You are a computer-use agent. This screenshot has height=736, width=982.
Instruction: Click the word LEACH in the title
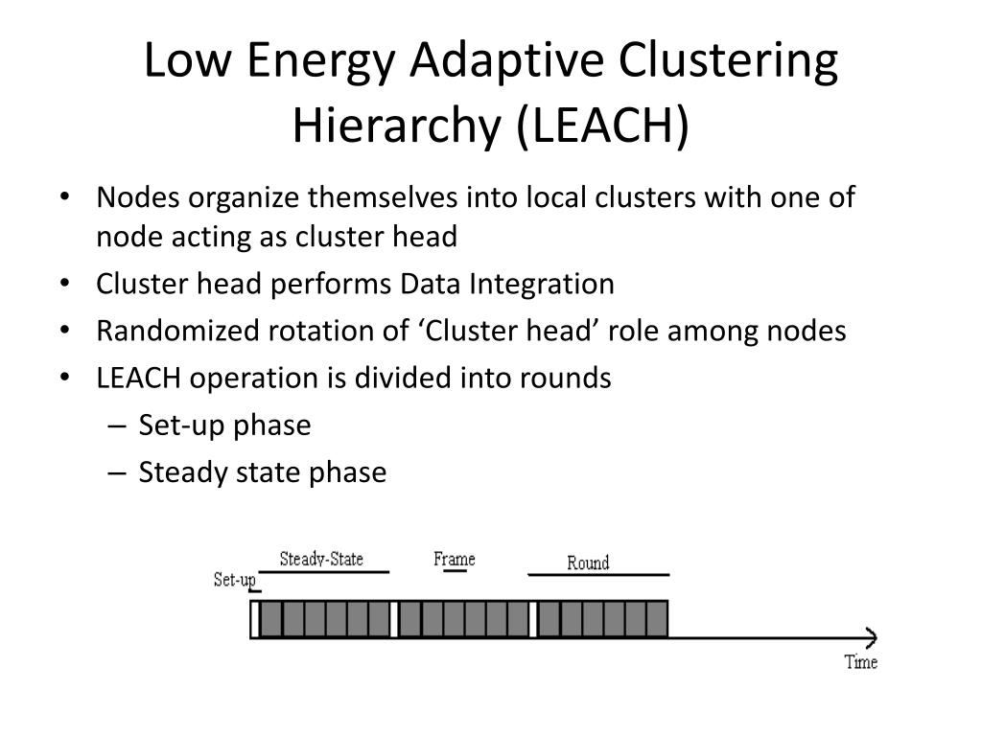pyautogui.click(x=598, y=125)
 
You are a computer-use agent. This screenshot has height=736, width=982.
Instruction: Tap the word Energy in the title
pyautogui.click(x=322, y=61)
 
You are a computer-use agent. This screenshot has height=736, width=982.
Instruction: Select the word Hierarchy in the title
pyautogui.click(x=394, y=125)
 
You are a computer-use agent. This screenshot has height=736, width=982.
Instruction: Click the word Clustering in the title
pyautogui.click(x=728, y=61)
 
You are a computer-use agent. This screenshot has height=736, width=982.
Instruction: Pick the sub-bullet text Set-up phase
pyautogui.click(x=224, y=425)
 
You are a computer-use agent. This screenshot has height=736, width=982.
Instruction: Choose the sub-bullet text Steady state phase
pyautogui.click(x=262, y=471)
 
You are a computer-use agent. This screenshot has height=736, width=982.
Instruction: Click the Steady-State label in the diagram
pyautogui.click(x=321, y=559)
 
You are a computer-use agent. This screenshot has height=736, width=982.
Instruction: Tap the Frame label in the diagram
pyautogui.click(x=454, y=559)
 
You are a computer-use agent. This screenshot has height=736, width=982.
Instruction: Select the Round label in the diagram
pyautogui.click(x=588, y=563)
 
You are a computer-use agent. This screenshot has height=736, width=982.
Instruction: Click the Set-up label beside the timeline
pyautogui.click(x=234, y=580)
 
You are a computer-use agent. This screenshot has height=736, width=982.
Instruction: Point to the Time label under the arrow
pyautogui.click(x=860, y=661)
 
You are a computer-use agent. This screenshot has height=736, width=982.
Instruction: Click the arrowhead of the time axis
pyautogui.click(x=872, y=637)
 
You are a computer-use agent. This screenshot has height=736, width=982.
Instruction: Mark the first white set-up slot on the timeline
pyautogui.click(x=255, y=619)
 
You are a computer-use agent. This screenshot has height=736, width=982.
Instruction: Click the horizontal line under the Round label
pyautogui.click(x=598, y=575)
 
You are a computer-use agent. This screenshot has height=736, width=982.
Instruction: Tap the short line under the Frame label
pyautogui.click(x=455, y=571)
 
